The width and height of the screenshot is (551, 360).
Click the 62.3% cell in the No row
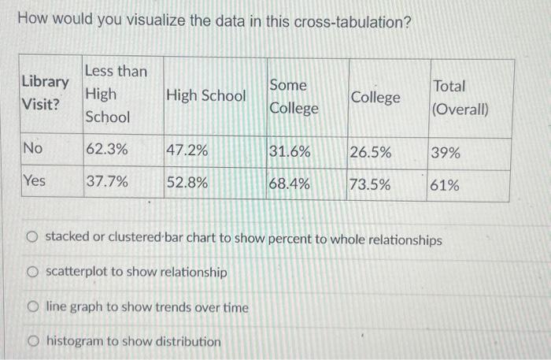[107, 149]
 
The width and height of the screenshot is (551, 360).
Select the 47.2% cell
[187, 150]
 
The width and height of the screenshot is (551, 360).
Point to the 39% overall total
[446, 153]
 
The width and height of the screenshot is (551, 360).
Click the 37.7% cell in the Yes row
[107, 182]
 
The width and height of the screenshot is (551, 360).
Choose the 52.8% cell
[187, 183]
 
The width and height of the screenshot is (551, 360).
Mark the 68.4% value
[290, 184]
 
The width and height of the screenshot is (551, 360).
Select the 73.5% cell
[370, 185]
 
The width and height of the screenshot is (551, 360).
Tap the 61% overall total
[446, 186]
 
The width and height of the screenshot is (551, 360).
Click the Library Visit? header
[45, 93]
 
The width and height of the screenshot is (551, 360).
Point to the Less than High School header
[116, 94]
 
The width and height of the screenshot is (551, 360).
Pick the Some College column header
[294, 96]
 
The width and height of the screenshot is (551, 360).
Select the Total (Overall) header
[460, 98]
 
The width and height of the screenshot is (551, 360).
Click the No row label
[32, 148]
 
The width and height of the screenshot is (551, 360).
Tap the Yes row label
[34, 181]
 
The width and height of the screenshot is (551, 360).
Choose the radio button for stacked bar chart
[32, 238]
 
